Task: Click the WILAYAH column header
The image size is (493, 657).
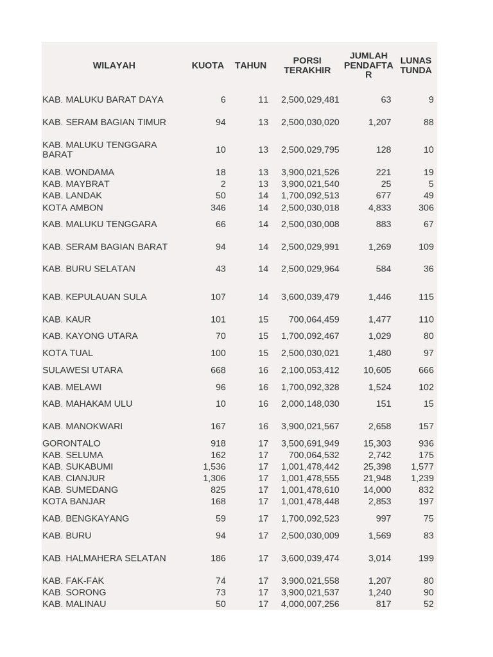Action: pos(114,65)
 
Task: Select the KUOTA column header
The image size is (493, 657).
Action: pos(207,65)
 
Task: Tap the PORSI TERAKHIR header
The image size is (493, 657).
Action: pos(307,65)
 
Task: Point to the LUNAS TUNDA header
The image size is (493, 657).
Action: pos(415,65)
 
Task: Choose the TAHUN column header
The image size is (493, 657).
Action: pos(250,65)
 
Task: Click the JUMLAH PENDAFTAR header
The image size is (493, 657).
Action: pos(368,65)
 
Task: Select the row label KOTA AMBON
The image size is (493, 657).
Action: pos(73,208)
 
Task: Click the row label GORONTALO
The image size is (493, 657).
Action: pos(71,443)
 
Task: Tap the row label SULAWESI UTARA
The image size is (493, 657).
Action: pos(82,370)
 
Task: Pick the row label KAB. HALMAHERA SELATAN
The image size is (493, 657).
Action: pos(104,558)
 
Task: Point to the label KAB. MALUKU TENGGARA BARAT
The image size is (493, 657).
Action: pos(99,149)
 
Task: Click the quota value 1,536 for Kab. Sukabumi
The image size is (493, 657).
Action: pos(214,466)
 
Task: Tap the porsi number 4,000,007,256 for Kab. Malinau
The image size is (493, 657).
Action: pos(310,604)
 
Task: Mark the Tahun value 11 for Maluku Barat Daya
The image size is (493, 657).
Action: pos(263,99)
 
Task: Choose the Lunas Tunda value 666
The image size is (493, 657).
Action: pos(426,370)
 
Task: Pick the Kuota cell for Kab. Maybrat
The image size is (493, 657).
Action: pos(223,184)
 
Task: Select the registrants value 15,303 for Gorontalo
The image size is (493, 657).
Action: pos(377,443)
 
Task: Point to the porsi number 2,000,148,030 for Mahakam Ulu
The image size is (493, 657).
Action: pos(310,404)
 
